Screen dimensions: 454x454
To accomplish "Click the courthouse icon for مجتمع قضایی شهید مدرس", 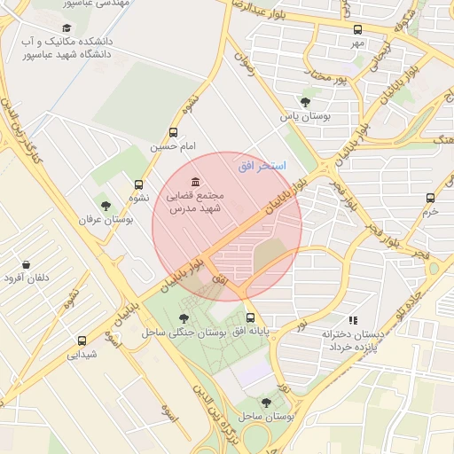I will [195, 182].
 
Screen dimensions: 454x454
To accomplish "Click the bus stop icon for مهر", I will [357, 29].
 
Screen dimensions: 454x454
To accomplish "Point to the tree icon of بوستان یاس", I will [306, 103].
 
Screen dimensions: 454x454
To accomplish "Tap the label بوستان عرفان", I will [106, 219].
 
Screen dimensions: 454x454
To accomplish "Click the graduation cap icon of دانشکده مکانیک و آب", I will [67, 27].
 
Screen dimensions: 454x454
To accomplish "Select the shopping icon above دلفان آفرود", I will [26, 265].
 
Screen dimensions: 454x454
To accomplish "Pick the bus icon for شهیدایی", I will [82, 340].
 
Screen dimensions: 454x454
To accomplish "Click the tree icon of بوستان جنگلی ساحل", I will [184, 317].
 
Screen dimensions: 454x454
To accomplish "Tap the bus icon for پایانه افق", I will [250, 317].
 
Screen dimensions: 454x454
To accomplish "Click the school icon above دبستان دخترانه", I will [352, 320].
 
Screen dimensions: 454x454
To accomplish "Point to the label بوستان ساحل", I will [266, 416].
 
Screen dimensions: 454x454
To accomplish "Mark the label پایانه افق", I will [251, 332].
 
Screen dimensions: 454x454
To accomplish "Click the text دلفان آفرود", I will [27, 278].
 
